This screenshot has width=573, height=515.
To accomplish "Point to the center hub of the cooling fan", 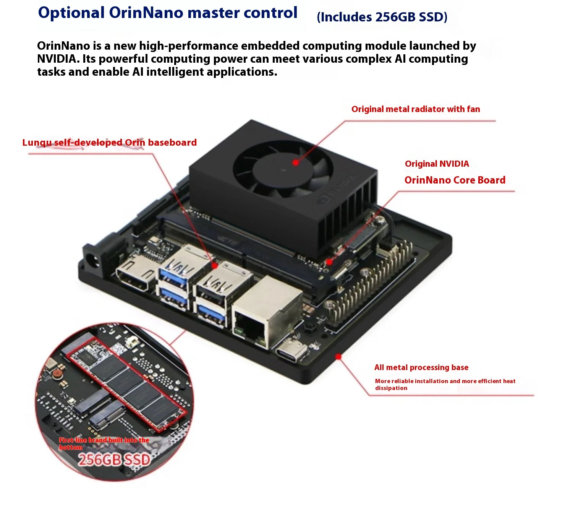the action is (x=283, y=170).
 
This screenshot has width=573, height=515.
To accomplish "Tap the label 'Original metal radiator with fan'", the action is (x=416, y=109).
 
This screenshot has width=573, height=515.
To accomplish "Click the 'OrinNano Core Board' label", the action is (x=455, y=180).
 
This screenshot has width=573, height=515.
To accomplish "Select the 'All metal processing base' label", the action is (x=421, y=367).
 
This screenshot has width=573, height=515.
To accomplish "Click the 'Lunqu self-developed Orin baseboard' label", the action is (x=110, y=142).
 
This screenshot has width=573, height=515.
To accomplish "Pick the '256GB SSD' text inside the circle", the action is (x=114, y=460).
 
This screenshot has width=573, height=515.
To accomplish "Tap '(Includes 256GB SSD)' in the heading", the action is (x=382, y=17).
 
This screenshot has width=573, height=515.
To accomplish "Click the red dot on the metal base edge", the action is (x=338, y=356).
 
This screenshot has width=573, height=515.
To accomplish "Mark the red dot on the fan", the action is (x=296, y=162).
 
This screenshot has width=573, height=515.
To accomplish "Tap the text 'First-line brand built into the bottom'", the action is (x=104, y=444).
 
